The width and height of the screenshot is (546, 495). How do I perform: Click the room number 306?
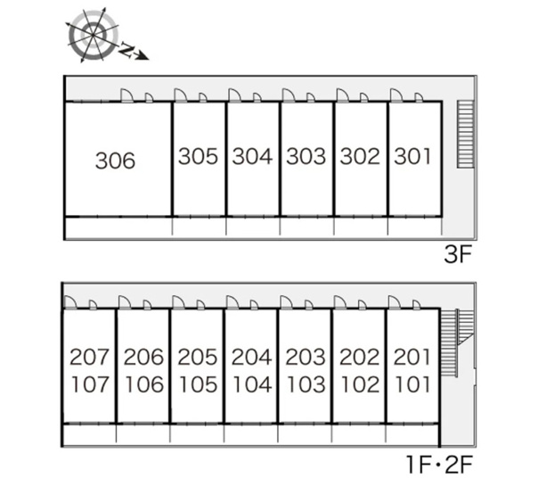pyautogui.click(x=115, y=161)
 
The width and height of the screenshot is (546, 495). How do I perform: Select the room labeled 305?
pyautogui.click(x=198, y=156)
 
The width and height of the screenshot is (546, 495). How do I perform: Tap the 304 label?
pyautogui.click(x=252, y=156)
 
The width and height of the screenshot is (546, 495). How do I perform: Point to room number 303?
pyautogui.click(x=306, y=156)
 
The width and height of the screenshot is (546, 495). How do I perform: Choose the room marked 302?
pyautogui.click(x=360, y=156)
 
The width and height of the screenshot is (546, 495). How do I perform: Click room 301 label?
pyautogui.click(x=412, y=156)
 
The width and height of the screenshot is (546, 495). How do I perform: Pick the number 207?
pyautogui.click(x=89, y=357)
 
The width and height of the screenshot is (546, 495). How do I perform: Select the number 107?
pyautogui.click(x=91, y=384)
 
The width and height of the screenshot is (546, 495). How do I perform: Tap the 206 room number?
pyautogui.click(x=143, y=357)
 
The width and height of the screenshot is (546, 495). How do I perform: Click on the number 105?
pyautogui.click(x=199, y=384)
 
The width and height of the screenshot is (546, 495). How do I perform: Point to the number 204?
pyautogui.click(x=251, y=357)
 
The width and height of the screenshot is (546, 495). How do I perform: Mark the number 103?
pyautogui.click(x=306, y=384)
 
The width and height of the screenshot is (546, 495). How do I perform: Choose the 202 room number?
pyautogui.click(x=359, y=357)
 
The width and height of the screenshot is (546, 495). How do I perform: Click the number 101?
pyautogui.click(x=413, y=384)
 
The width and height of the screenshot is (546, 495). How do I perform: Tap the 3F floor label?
pyautogui.click(x=458, y=254)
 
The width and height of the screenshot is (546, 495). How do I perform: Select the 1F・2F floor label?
pyautogui.click(x=439, y=465)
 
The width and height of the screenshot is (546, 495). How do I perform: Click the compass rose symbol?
pyautogui.click(x=93, y=35)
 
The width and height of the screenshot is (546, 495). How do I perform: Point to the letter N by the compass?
pyautogui.click(x=127, y=51)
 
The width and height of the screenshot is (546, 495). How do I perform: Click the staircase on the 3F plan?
pyautogui.click(x=466, y=135)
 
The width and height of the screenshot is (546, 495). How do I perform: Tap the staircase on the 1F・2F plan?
pyautogui.click(x=457, y=342)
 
